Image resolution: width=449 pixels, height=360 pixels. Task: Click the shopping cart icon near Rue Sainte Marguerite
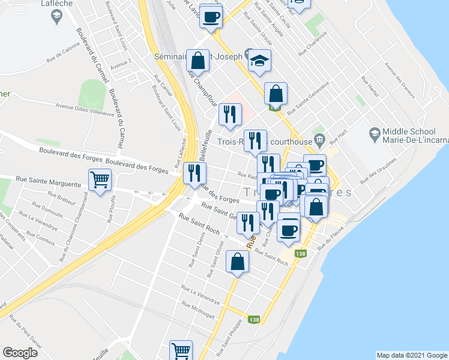pyautogui.click(x=100, y=179)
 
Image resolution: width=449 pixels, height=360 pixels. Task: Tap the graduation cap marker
pyautogui.click(x=259, y=60)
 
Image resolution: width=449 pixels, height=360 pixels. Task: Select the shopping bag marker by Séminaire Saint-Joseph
pyautogui.click(x=197, y=60)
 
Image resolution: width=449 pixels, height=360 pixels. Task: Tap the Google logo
pyautogui.click(x=20, y=353)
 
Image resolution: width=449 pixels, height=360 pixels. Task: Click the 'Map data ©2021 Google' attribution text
pyautogui.click(x=412, y=355)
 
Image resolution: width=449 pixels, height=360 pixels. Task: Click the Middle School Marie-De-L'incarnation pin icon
pyautogui.click(x=375, y=132)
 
